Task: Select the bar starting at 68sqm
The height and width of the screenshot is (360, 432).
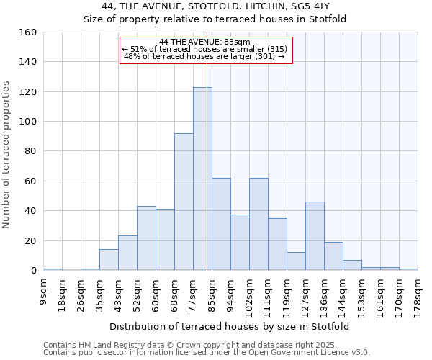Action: (184, 202)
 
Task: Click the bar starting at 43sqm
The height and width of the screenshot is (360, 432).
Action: (127, 253)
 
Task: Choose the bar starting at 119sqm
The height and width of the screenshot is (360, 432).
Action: (296, 261)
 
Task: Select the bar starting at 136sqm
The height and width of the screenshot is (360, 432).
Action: (333, 256)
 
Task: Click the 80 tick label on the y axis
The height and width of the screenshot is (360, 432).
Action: (31, 151)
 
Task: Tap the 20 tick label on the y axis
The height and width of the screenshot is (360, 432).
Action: (31, 240)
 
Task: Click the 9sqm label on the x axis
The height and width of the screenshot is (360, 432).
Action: (44, 292)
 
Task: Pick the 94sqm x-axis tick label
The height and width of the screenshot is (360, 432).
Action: (231, 294)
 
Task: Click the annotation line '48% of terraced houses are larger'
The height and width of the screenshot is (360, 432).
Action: (204, 56)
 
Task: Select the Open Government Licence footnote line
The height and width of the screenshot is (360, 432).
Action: (207, 352)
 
